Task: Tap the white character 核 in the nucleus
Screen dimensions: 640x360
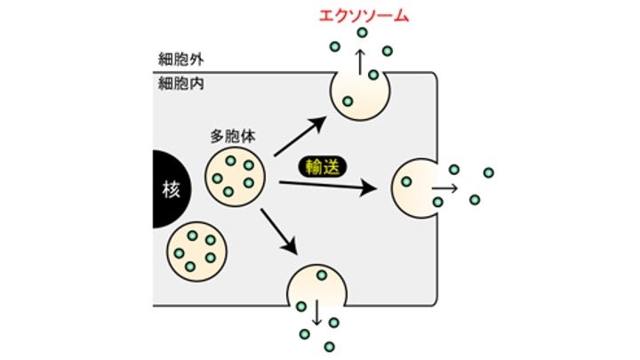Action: [x=171, y=189]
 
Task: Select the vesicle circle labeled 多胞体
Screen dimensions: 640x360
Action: [x=235, y=177]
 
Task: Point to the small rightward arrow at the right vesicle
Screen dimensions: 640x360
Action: [x=445, y=188]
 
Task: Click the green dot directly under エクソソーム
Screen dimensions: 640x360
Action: [x=362, y=34]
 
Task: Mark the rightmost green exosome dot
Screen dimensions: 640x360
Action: [x=487, y=172]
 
